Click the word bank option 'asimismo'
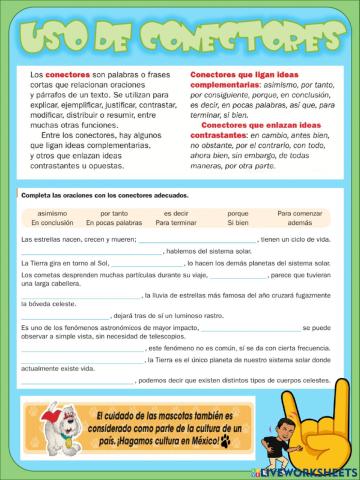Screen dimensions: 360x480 [52, 213]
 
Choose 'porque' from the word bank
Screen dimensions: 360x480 [238, 213]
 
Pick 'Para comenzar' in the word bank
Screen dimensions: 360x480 [299, 213]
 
